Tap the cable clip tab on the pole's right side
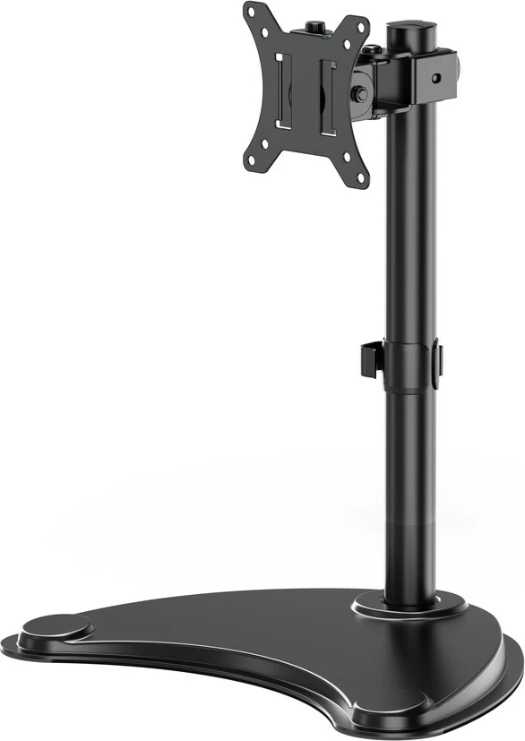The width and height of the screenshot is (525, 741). [438, 362]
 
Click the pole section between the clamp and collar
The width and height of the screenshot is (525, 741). [408, 224]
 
